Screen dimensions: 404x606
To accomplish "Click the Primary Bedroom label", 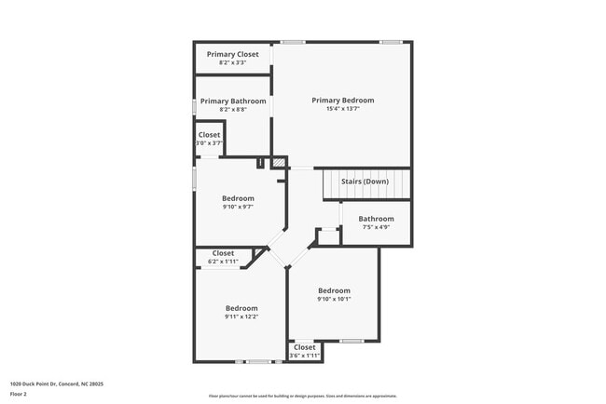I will point(343,101).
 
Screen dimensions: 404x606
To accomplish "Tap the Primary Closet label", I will point(232,54).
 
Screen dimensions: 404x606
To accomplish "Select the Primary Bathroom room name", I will point(233,101).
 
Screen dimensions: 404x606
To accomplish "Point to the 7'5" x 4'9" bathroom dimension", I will point(376,227).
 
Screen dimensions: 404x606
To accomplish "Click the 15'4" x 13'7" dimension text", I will point(343,109).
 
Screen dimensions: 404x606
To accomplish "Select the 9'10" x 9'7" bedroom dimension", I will point(238,207).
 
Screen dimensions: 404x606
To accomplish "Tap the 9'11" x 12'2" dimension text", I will point(241,316).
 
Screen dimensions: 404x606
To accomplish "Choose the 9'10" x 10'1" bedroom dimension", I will point(334,299).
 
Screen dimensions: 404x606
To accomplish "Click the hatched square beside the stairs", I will point(278,163).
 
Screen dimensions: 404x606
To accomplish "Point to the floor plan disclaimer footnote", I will point(302,396).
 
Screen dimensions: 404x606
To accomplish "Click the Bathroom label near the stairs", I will point(376,219).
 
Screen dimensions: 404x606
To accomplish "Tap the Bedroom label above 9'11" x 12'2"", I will point(241,308).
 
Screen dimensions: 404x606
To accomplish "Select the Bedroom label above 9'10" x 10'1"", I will point(334,290).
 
